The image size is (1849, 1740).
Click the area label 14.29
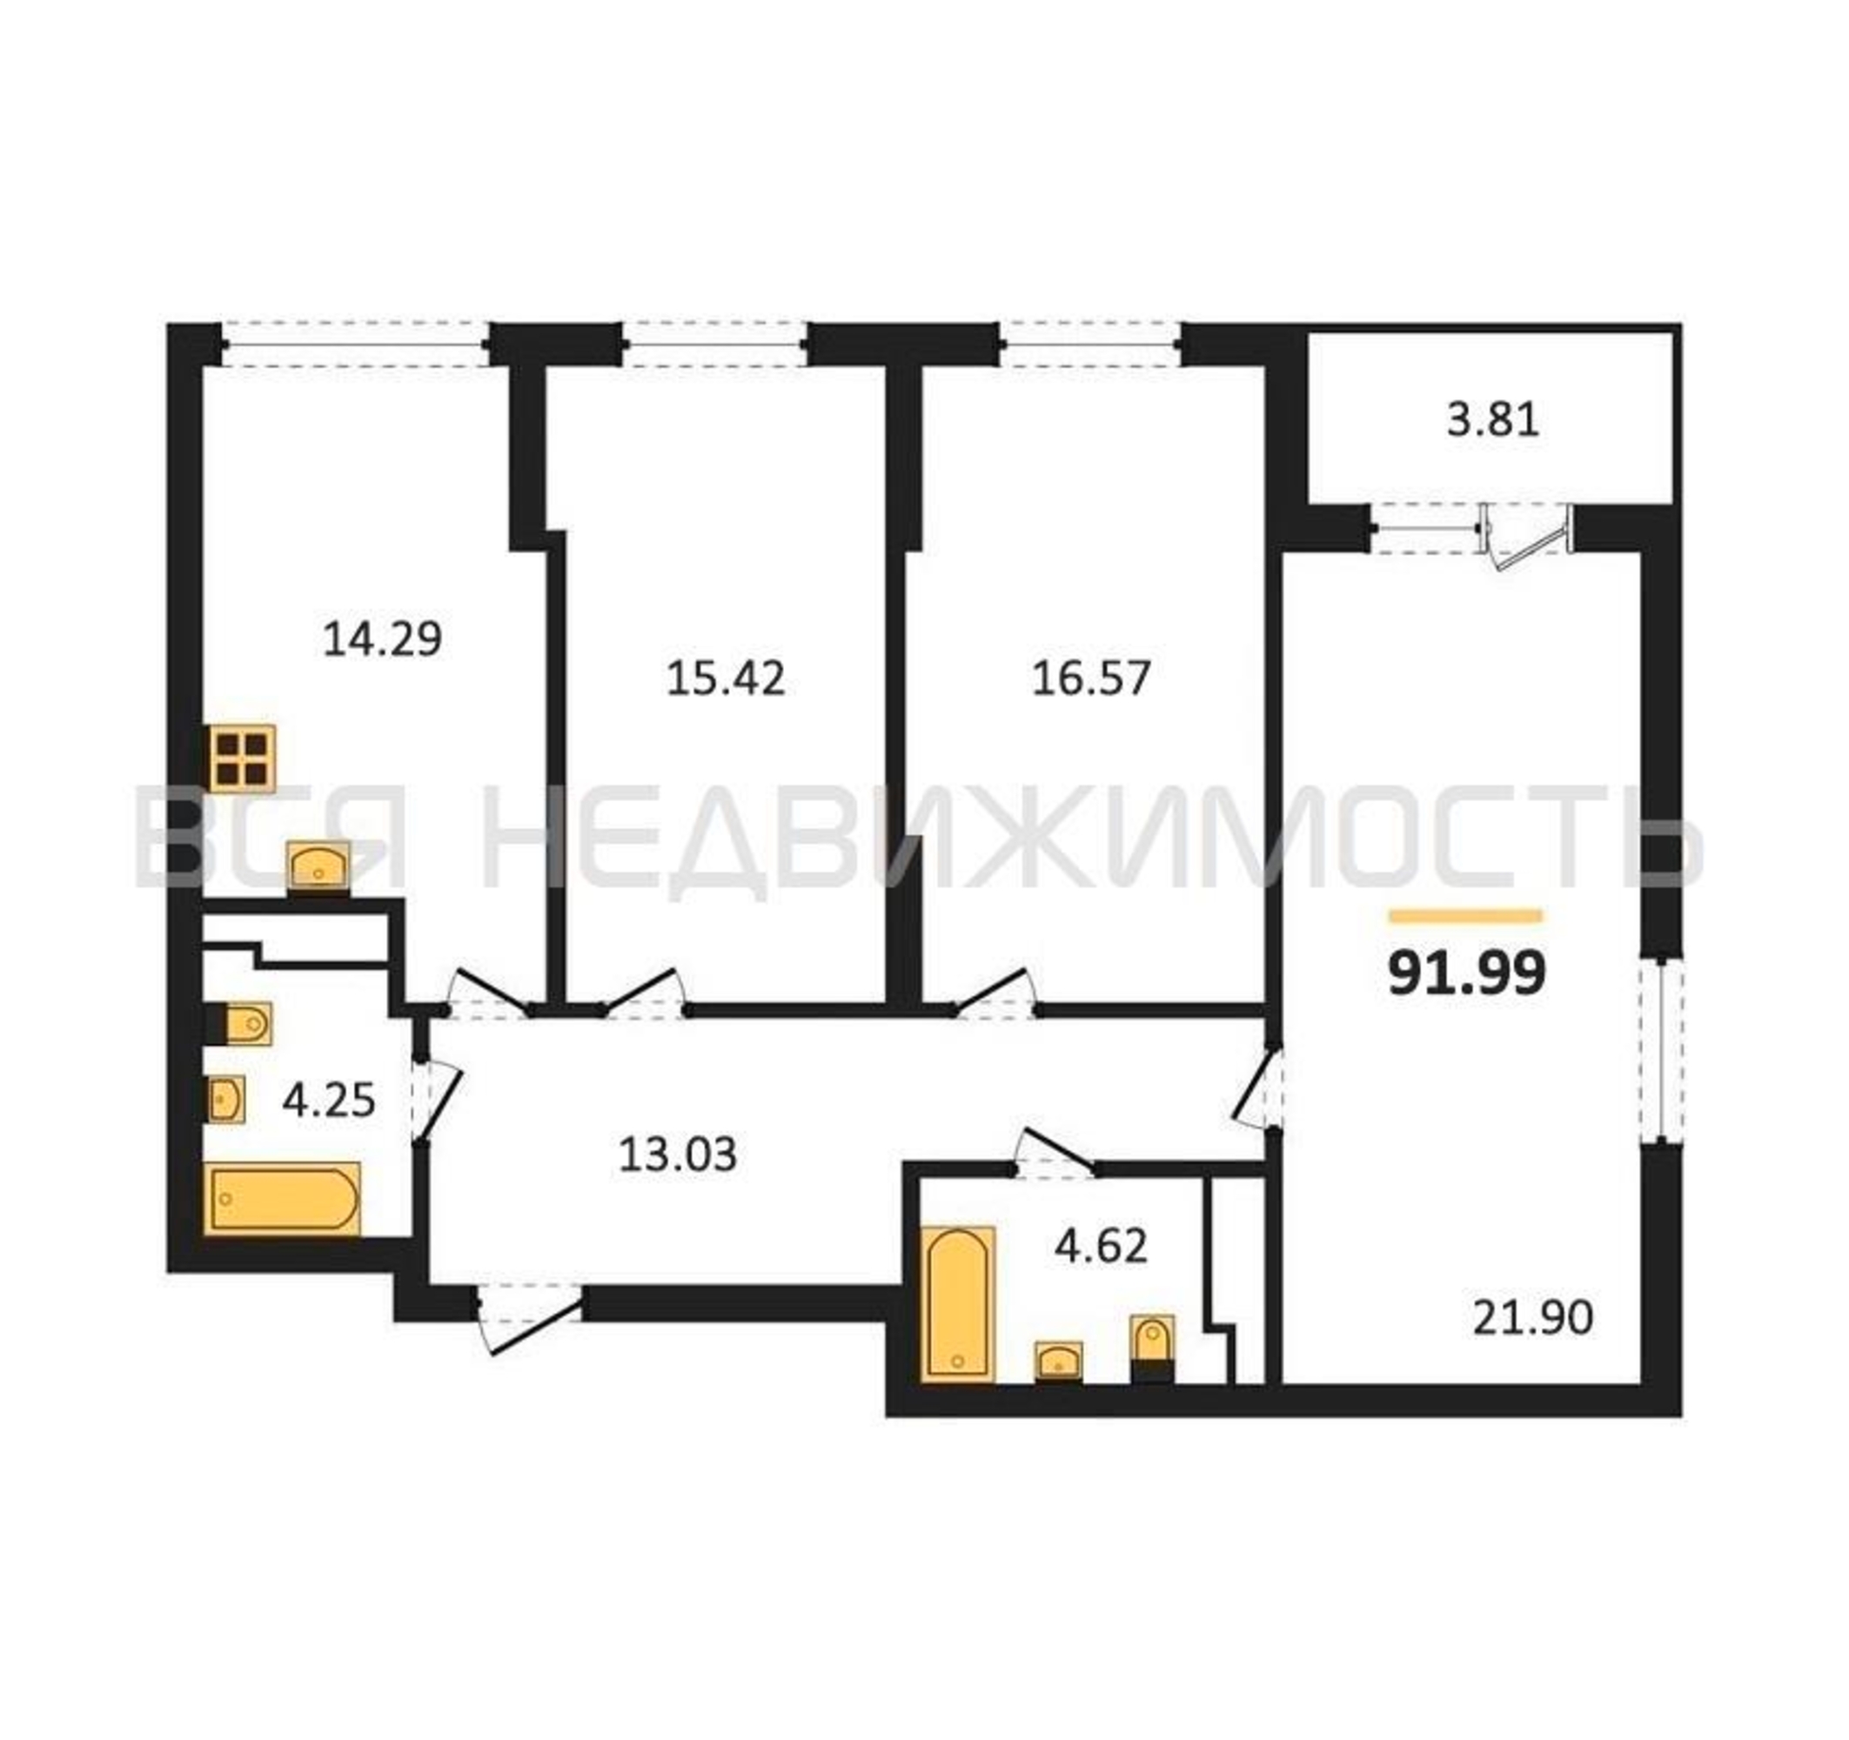pos(382,639)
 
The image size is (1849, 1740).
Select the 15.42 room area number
pos(726,678)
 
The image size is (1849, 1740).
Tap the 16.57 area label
pos(1091,678)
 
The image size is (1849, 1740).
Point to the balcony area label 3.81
pos(1493,419)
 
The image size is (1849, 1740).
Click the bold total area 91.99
pos(1467,974)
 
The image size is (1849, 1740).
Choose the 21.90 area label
pos(1533,1318)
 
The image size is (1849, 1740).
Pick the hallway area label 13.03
pos(678,1155)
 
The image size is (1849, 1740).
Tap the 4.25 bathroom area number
pos(329,1101)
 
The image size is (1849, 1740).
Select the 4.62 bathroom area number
pos(1102,1246)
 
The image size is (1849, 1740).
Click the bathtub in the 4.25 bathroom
pos(282,1199)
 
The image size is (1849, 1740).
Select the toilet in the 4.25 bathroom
pos(238,1024)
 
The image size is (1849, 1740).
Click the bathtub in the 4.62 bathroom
pos(958,1304)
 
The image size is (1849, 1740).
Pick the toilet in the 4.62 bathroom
pos(1152,1348)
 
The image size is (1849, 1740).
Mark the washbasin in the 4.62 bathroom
pos(1058,1362)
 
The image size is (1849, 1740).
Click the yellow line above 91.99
pos(1466,917)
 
